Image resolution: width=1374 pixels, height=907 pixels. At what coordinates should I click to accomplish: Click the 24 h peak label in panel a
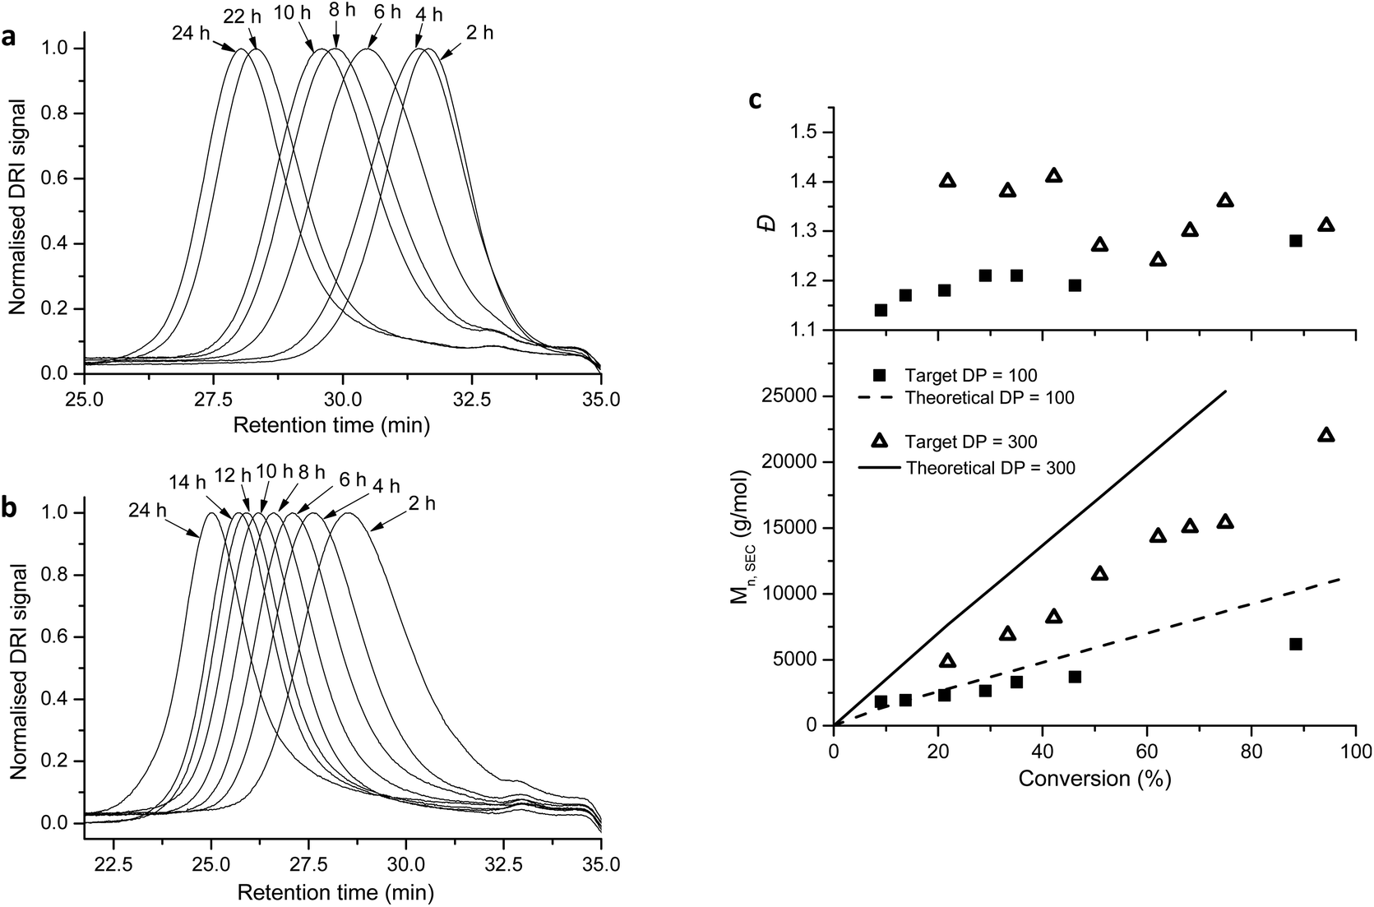[x=192, y=34]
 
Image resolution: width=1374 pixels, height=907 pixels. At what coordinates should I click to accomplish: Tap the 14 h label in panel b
[x=188, y=482]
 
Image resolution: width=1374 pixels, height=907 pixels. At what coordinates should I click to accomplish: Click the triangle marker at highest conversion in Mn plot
[x=1325, y=435]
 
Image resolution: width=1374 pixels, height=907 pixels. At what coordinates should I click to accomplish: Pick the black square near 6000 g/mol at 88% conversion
[x=1296, y=644]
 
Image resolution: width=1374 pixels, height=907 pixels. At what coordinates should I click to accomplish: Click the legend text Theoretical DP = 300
[x=990, y=468]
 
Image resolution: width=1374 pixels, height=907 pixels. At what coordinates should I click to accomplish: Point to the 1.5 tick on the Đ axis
[x=809, y=132]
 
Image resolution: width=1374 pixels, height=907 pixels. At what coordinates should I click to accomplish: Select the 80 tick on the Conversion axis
[x=1251, y=750]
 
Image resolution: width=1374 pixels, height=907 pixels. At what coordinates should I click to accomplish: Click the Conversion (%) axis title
[x=1094, y=779]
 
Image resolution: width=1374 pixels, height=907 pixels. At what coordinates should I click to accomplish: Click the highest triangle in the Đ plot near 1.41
[x=1054, y=175]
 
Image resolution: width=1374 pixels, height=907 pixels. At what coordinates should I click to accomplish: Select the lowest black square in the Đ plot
[x=881, y=310]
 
